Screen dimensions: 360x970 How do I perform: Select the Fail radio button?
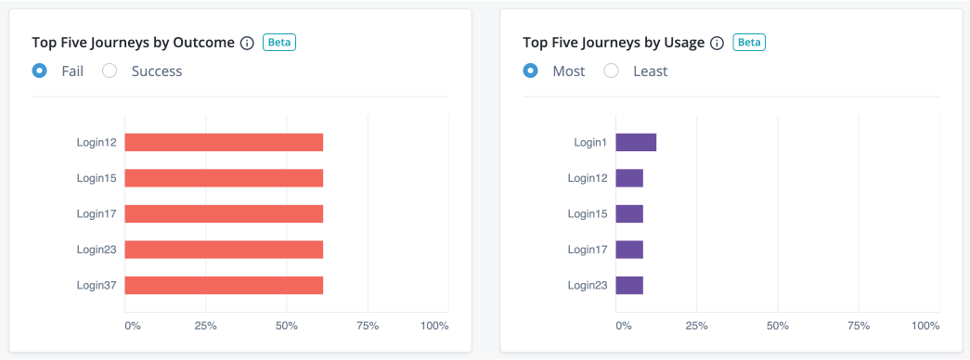pos(39,71)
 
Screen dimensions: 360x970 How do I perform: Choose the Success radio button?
pos(110,71)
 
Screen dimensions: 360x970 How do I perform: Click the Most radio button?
pos(530,71)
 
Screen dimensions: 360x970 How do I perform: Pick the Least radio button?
pos(611,71)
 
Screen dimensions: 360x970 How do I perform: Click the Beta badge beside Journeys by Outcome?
pos(279,42)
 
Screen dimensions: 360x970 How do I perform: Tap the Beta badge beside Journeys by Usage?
pos(749,42)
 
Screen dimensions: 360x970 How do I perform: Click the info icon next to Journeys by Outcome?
pos(247,43)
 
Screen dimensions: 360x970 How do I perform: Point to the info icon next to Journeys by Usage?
pos(716,43)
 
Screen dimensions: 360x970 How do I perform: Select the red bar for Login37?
pos(224,285)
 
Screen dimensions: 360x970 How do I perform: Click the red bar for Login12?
pos(224,142)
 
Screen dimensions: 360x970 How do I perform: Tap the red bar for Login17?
pos(224,213)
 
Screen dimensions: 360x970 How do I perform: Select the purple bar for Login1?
pos(636,142)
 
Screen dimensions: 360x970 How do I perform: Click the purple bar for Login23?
pos(629,285)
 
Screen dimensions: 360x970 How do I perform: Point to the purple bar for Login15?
pos(629,213)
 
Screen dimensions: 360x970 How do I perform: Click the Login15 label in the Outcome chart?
pos(97,178)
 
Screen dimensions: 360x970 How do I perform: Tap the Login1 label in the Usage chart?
pos(589,142)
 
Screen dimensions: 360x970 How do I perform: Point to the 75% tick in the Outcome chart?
pos(368,326)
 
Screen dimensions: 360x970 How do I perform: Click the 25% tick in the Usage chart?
pos(696,326)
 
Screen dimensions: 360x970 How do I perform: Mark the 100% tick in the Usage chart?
pos(925,326)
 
